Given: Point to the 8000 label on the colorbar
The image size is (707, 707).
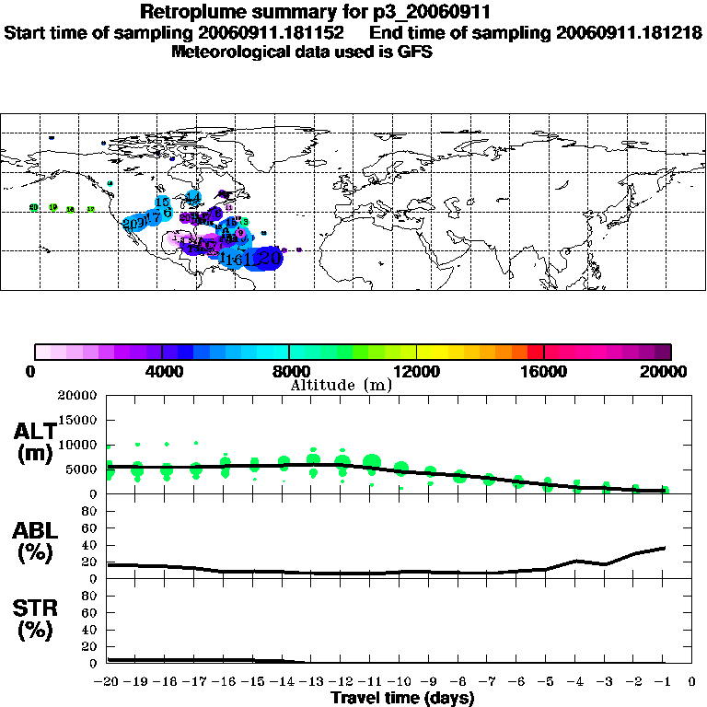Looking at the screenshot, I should pyautogui.click(x=289, y=372).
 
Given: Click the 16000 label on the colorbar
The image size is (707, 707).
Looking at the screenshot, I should pyautogui.click(x=544, y=372).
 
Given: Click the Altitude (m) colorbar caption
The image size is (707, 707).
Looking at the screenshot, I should pyautogui.click(x=341, y=385).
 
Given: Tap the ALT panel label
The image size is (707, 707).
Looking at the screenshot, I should pyautogui.click(x=37, y=431).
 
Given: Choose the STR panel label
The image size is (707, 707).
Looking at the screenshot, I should pyautogui.click(x=37, y=608).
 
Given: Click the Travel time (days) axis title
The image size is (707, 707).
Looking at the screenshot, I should pyautogui.click(x=403, y=699).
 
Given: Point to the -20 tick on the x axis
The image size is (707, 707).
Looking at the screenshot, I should pyautogui.click(x=108, y=682).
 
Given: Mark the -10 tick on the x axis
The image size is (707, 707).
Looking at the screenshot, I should pyautogui.click(x=400, y=682).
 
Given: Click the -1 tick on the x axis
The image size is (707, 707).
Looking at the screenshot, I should pyautogui.click(x=664, y=682).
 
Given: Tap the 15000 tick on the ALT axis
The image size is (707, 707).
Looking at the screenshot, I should pyautogui.click(x=80, y=420).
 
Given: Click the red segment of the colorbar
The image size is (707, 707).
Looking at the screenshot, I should pyautogui.click(x=535, y=352).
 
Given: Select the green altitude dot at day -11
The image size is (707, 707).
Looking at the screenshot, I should pyautogui.click(x=371, y=462).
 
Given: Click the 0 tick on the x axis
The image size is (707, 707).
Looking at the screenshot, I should pyautogui.click(x=692, y=682).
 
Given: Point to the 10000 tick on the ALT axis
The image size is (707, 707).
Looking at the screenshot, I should pyautogui.click(x=80, y=445).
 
